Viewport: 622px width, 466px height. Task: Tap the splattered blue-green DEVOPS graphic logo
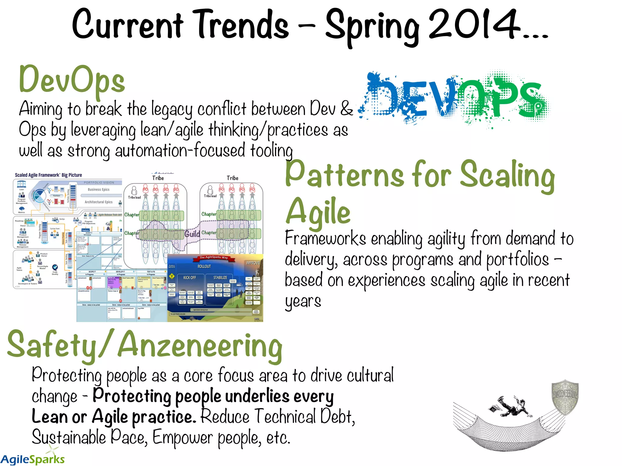click(x=454, y=99)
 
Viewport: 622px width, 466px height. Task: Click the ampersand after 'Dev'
click(x=347, y=108)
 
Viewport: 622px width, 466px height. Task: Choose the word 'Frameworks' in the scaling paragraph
click(x=325, y=239)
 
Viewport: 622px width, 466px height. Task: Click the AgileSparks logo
click(x=32, y=458)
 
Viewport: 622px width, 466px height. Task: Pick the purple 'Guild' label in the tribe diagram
click(x=192, y=234)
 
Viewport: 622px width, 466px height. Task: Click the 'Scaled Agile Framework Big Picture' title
click(x=48, y=175)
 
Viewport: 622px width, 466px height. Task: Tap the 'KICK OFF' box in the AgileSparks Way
click(x=190, y=278)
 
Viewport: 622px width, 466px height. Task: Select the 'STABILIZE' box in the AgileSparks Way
click(x=220, y=278)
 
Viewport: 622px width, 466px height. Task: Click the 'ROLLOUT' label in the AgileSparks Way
click(x=204, y=266)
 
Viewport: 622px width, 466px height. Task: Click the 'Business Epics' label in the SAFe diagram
click(x=98, y=190)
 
